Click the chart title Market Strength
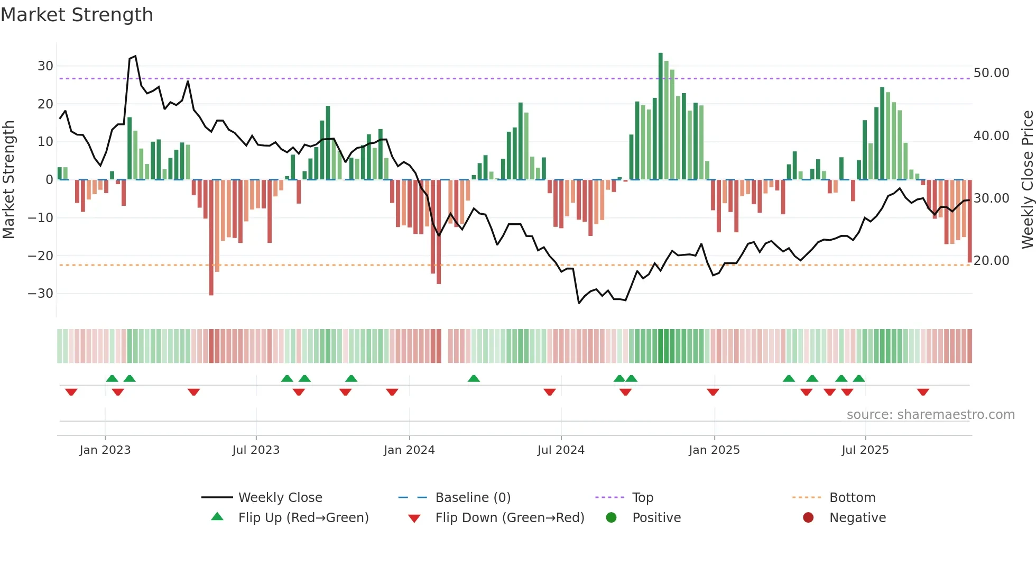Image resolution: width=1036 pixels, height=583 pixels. pyautogui.click(x=77, y=15)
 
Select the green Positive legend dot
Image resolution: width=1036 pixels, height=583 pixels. pyautogui.click(x=612, y=518)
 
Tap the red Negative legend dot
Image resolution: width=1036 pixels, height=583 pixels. pyautogui.click(x=808, y=518)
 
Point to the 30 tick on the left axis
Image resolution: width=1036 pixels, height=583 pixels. pyautogui.click(x=45, y=66)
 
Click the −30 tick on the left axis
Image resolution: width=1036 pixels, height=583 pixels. pyautogui.click(x=41, y=294)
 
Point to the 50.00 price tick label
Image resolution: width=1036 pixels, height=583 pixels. pyautogui.click(x=991, y=73)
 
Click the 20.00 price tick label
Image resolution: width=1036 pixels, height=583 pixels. pyautogui.click(x=991, y=261)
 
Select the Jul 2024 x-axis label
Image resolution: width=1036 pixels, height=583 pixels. pyautogui.click(x=561, y=450)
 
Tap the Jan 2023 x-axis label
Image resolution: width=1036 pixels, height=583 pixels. pyautogui.click(x=105, y=450)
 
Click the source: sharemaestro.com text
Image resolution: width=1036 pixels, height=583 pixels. pyautogui.click(x=930, y=415)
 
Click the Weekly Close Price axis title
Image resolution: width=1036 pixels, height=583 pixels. pyautogui.click(x=1027, y=180)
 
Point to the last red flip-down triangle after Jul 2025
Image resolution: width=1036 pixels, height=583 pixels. pyautogui.click(x=923, y=392)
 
